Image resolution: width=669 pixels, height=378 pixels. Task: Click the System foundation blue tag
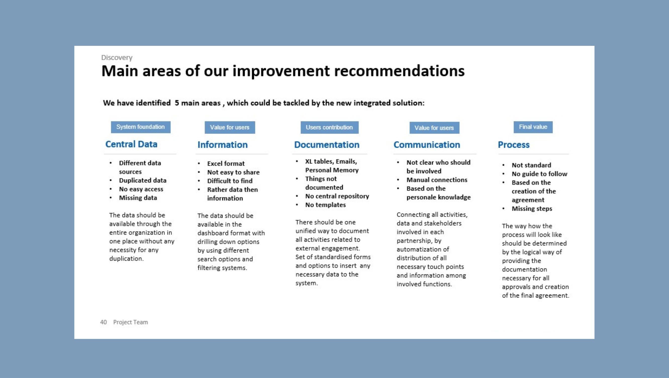(140, 127)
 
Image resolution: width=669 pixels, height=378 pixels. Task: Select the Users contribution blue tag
(329, 128)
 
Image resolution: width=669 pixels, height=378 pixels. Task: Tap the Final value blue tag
(533, 127)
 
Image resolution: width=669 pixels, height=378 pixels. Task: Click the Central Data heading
(131, 144)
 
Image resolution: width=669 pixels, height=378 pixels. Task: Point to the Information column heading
(223, 145)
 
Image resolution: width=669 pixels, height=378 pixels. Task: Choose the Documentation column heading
(327, 145)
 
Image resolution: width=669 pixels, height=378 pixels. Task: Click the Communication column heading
(427, 145)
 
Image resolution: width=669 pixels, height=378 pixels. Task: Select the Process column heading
(513, 145)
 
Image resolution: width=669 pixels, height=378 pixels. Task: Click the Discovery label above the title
(117, 57)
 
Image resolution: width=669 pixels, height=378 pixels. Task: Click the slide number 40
(103, 322)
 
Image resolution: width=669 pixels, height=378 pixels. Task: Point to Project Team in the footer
(130, 322)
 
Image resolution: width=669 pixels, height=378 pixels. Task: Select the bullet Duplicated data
(142, 180)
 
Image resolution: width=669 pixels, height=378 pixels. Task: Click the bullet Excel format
(226, 164)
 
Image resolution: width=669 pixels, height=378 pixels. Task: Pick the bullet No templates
(325, 205)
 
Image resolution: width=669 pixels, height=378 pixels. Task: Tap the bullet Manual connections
(437, 180)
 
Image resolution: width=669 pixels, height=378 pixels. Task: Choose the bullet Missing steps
(532, 209)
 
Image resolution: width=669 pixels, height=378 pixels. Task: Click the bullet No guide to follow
(539, 174)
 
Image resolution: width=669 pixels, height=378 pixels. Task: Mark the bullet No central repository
(337, 196)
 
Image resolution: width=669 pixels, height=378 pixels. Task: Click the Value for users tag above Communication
(434, 128)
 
